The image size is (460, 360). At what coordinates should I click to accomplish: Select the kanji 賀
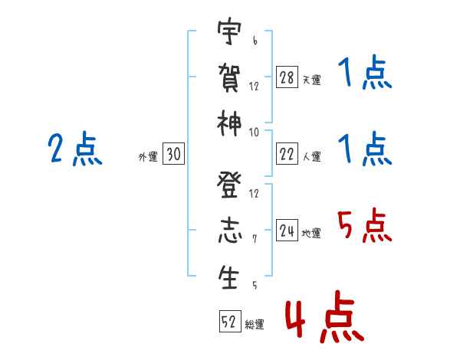click(x=229, y=77)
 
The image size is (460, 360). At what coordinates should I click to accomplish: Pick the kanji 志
click(x=228, y=231)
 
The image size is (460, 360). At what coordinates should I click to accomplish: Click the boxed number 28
click(x=287, y=78)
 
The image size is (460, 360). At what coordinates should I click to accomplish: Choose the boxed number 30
click(x=173, y=155)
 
